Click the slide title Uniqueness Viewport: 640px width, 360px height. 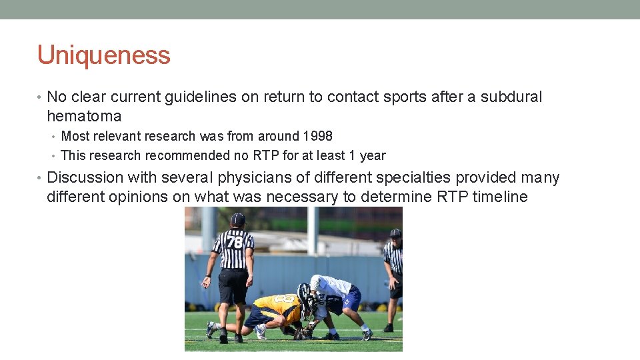pos(104,55)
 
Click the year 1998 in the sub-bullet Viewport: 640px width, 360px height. pos(317,136)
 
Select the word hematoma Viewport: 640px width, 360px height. pos(84,116)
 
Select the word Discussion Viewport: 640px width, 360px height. pos(85,177)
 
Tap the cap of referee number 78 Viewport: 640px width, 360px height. pos(237,219)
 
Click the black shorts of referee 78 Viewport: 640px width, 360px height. pos(233,285)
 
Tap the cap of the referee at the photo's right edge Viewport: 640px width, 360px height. pos(396,233)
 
